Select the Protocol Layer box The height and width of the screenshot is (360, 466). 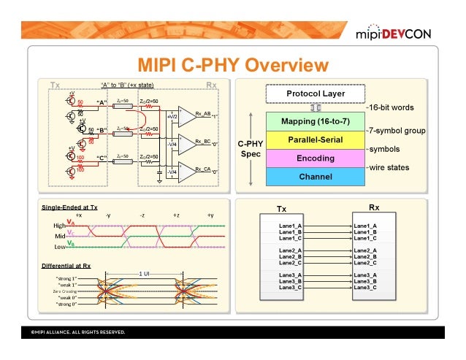(315, 93)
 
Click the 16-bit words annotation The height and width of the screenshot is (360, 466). (391, 107)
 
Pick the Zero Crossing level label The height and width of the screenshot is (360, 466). (64, 291)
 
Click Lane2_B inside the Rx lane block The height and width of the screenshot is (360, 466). (365, 256)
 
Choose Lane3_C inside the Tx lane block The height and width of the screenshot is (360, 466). (291, 287)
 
